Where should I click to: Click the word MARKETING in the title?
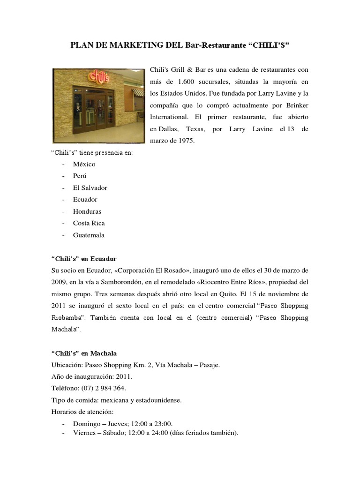[120, 45]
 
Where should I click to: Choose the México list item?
[84, 164]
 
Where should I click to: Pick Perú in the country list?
[81, 176]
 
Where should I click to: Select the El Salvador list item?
[90, 187]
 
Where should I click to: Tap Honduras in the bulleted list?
[87, 211]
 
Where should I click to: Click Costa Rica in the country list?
[89, 223]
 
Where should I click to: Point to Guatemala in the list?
[89, 235]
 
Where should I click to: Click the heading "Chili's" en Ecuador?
[83, 259]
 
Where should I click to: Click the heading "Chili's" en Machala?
[83, 353]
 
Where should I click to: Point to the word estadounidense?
[155, 400]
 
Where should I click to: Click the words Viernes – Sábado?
[97, 433]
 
